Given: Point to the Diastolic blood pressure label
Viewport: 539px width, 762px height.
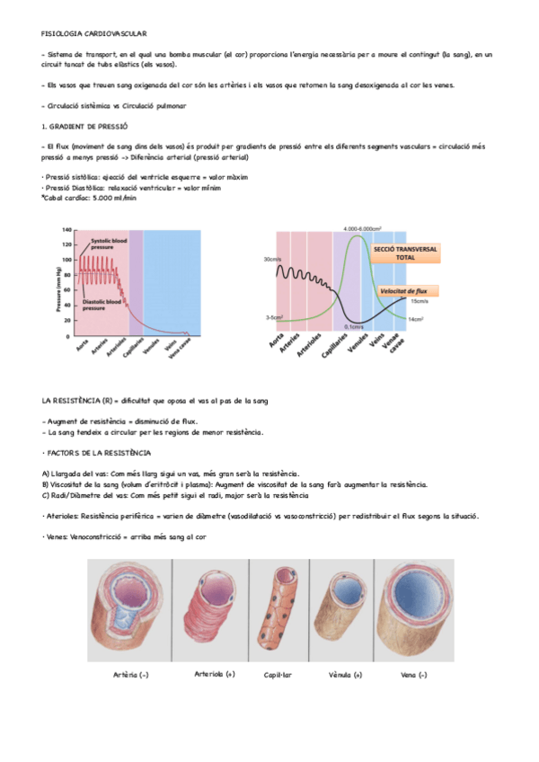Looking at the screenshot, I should click(100, 305).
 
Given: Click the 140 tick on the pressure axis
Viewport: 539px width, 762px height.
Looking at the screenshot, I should click(66, 231).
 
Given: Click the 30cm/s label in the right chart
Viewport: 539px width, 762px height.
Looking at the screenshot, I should click(272, 260).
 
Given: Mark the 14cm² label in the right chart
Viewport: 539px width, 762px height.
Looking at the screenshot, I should click(416, 319).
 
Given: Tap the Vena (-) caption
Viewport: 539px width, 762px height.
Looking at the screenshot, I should click(413, 674).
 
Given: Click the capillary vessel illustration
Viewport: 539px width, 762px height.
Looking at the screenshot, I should click(277, 611).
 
